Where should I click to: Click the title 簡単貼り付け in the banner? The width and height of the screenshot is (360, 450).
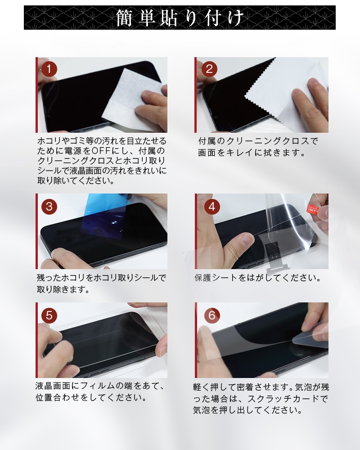(x=180, y=18)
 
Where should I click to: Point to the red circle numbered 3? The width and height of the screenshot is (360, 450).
(x=49, y=206)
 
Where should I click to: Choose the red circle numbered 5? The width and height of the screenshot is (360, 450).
(x=49, y=315)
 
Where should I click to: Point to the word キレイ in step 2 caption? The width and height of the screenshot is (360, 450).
(x=243, y=153)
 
